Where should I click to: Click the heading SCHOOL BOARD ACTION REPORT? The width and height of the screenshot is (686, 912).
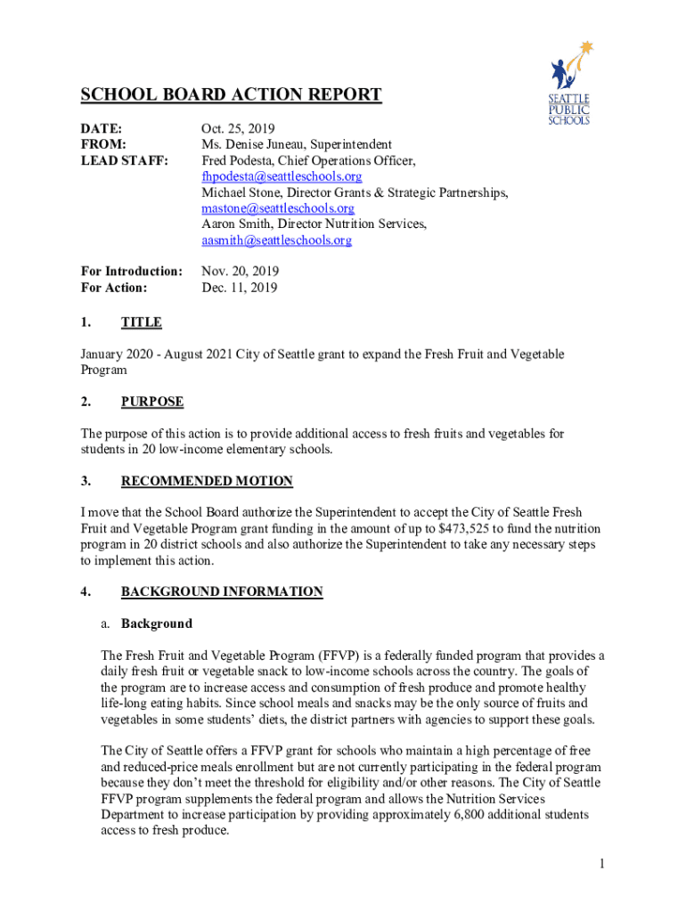231,95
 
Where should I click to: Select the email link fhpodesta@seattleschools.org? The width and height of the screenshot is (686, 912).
282,176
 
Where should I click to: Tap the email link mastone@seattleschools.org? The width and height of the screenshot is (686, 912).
278,208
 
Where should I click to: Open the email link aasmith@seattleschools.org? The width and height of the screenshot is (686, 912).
276,240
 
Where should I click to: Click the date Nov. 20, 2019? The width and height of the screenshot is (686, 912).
241,271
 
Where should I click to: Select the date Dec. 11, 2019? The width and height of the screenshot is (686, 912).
240,288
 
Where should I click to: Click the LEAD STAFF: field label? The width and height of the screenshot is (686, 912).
124,160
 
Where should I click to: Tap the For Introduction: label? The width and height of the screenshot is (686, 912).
132,271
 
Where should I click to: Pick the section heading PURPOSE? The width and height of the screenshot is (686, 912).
152,402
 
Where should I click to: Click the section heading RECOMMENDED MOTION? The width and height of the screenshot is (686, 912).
207,481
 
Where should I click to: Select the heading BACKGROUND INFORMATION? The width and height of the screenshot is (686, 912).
222,591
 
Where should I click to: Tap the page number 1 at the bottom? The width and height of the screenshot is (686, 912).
603,864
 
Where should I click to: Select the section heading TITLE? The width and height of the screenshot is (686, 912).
142,322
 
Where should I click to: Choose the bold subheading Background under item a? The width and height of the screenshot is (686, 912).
157,623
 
